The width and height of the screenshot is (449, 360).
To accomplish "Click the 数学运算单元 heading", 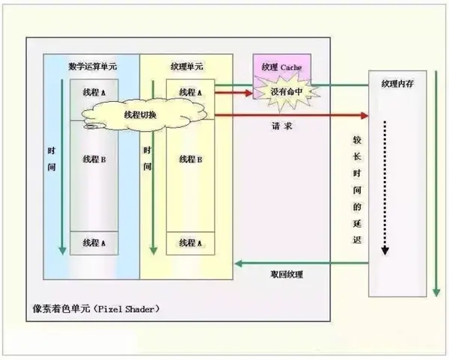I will (x=92, y=66).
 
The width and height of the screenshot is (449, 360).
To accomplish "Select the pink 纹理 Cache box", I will (x=281, y=67).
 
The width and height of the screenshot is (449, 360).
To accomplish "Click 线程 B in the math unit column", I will (x=94, y=159).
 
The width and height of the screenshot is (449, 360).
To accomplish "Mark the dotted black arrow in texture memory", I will (x=385, y=187).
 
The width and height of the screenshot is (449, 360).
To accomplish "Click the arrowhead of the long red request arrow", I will (x=365, y=116).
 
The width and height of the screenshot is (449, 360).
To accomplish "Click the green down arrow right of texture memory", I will (x=434, y=187).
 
